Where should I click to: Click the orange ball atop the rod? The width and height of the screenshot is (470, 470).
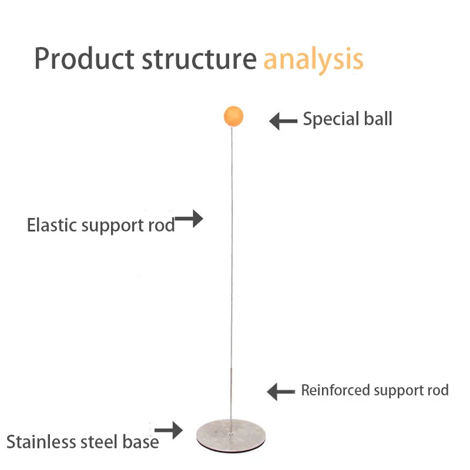[x=233, y=116]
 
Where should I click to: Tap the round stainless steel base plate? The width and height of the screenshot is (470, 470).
[x=231, y=436]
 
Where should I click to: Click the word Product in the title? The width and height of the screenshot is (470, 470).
[x=84, y=59]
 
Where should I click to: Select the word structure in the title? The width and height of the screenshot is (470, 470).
[x=199, y=59]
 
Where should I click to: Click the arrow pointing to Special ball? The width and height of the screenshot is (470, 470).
[x=283, y=121]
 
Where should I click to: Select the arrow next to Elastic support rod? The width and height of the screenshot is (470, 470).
[x=189, y=219]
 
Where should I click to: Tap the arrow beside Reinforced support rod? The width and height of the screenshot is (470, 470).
[x=281, y=391]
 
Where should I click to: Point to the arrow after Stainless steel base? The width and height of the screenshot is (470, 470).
[x=169, y=431]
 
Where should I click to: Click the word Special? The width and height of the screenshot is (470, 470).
[x=331, y=119]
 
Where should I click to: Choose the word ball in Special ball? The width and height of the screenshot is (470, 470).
[x=378, y=119]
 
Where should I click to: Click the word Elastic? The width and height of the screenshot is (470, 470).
[x=52, y=225]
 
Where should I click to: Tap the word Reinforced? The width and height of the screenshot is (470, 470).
[x=335, y=390]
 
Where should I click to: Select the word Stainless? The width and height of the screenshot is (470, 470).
[x=41, y=442]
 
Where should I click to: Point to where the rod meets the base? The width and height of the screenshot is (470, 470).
[x=230, y=433]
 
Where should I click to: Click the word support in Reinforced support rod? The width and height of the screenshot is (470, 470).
[x=399, y=391]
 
